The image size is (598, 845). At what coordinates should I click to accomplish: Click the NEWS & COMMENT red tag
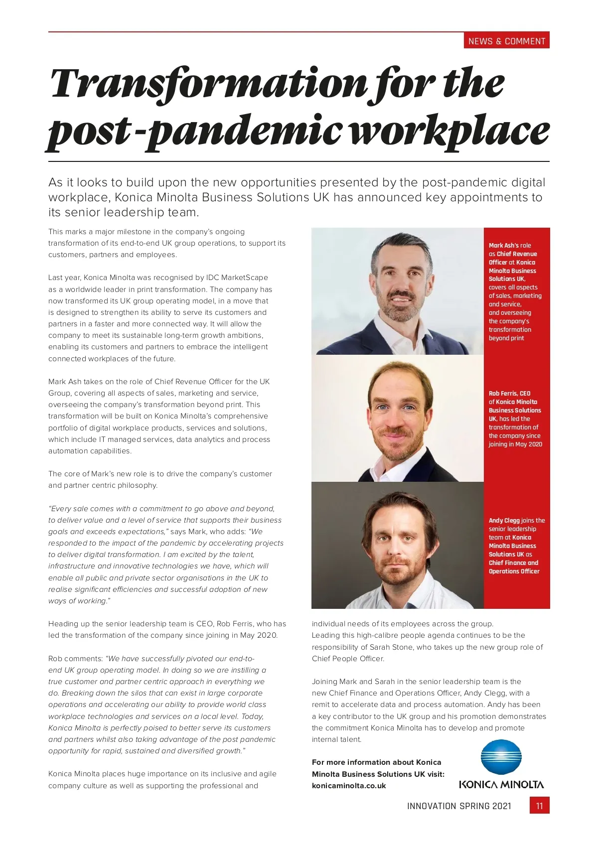pos(506,41)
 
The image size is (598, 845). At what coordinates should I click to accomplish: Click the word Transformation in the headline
pos(208,84)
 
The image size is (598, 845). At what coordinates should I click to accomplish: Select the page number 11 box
pos(539,806)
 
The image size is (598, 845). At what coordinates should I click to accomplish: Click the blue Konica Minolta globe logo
pos(501,757)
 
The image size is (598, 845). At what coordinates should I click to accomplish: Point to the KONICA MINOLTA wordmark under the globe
pos(501,785)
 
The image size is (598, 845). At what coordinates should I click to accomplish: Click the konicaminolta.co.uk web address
pos(349,786)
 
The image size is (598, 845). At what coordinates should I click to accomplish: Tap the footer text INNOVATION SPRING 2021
pos(459,806)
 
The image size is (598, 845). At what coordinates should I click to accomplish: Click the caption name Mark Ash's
pos(504,245)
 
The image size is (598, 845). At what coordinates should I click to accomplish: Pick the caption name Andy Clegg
pos(504,520)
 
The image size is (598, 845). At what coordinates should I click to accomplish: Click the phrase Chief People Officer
pos(348,659)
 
